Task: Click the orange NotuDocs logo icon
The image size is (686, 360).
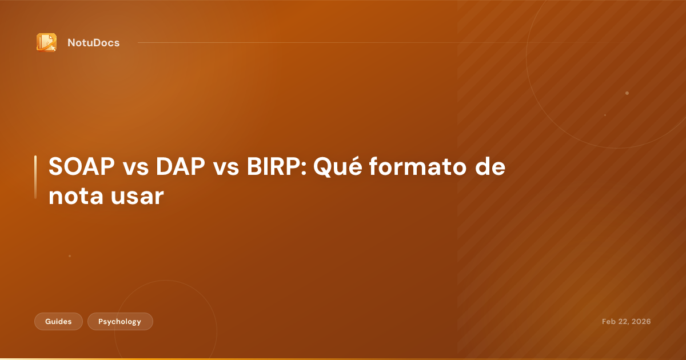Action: coord(46,42)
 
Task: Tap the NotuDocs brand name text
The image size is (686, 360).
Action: coord(93,42)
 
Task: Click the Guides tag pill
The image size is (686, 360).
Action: coord(58,322)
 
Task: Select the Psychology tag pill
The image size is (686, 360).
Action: coord(119,322)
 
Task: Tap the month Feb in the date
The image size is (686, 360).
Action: coord(609,322)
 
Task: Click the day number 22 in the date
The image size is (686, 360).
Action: coord(624,322)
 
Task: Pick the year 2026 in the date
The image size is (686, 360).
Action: coord(641,322)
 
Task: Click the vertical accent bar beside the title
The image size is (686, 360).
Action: coord(35,177)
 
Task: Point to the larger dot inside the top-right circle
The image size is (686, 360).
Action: coord(627,93)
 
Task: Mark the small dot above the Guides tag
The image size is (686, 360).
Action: coord(70,256)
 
